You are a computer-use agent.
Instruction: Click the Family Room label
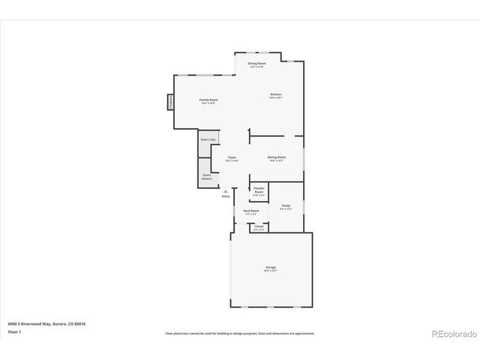208,100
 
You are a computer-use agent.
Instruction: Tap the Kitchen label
276,94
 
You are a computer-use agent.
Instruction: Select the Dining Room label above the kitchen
257,64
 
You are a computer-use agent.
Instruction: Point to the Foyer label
232,157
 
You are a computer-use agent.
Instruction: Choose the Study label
286,205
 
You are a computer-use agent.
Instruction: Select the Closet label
259,226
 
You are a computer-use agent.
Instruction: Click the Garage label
271,267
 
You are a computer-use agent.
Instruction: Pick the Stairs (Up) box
208,139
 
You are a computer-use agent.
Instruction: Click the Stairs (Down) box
207,176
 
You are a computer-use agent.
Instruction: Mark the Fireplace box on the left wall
170,102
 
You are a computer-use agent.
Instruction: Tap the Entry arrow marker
225,190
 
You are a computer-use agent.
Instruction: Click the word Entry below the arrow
225,196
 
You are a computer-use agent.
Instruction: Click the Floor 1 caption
14,331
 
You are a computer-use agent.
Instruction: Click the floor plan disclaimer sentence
240,333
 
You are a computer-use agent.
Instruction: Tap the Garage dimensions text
271,271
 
